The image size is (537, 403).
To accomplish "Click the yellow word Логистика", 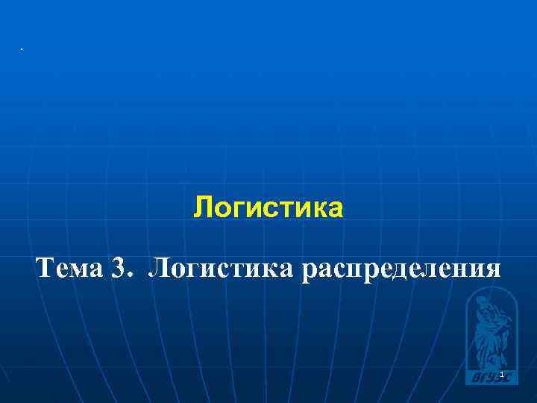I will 268,208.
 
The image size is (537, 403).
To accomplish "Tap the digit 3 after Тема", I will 119,266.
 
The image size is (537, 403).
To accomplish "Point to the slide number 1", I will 503,374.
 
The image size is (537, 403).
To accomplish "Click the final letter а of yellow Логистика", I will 336,210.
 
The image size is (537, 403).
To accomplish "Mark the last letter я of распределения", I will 493,269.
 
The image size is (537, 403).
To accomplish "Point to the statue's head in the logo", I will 483,303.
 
